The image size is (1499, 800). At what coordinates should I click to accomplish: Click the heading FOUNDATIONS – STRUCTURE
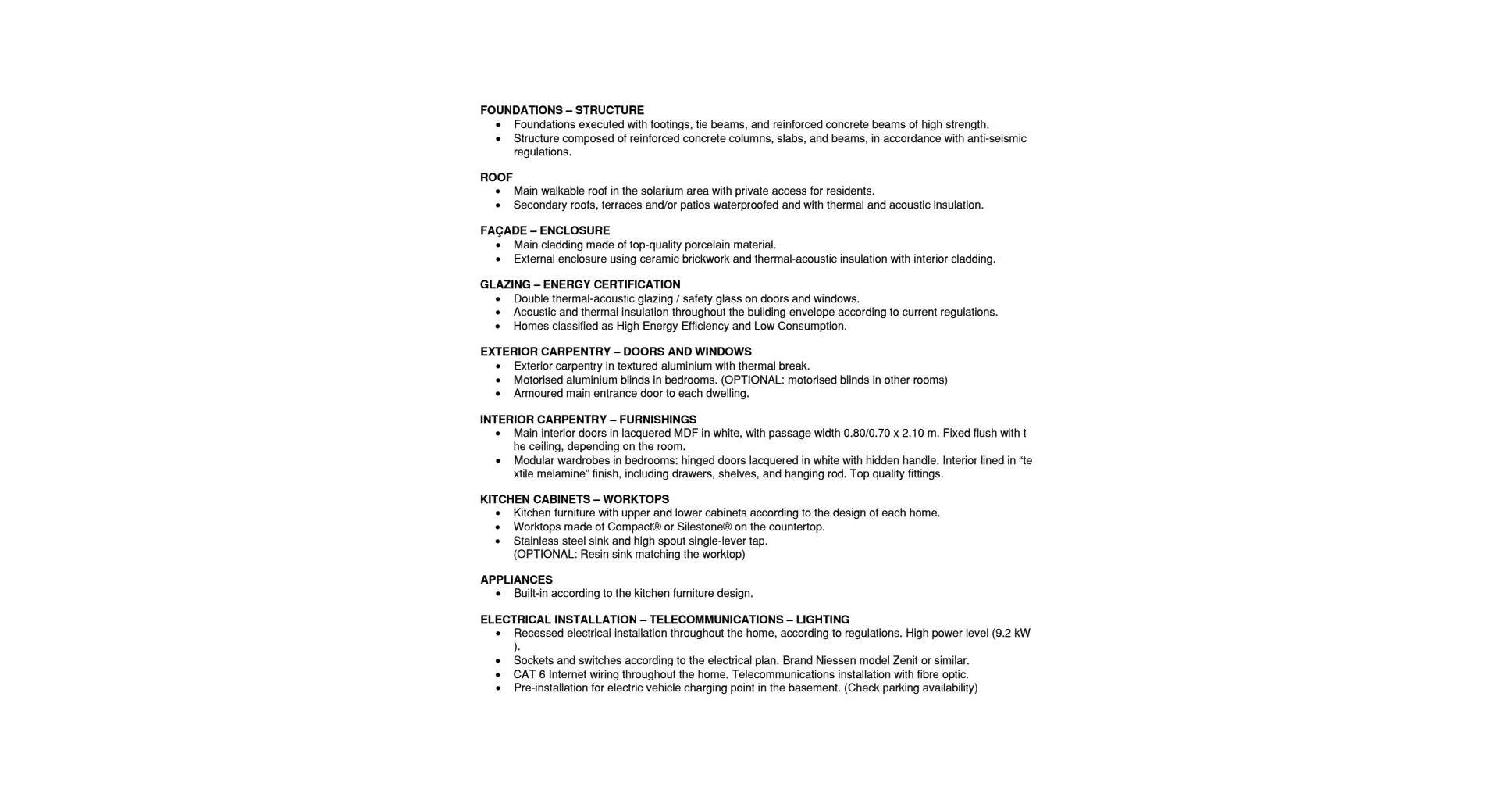tap(561, 110)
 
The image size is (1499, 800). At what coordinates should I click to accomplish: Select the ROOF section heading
tap(496, 177)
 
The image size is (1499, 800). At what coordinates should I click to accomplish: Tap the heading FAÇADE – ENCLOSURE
tap(545, 230)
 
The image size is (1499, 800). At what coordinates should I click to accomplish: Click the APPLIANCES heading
tap(516, 580)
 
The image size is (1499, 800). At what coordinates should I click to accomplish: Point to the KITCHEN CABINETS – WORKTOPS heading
tap(574, 499)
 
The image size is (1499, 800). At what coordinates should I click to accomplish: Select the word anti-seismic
tap(996, 139)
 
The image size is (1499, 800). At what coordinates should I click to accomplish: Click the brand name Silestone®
tap(704, 527)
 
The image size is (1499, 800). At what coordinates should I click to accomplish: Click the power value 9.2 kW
tap(1013, 634)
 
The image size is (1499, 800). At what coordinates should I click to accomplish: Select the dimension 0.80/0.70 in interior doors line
tap(867, 434)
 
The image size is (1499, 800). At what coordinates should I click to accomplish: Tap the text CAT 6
tap(529, 675)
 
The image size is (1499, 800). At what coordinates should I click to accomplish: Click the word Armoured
tap(538, 394)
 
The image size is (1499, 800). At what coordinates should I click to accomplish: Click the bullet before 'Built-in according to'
tap(498, 594)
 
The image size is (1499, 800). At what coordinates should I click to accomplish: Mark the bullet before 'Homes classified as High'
tap(498, 327)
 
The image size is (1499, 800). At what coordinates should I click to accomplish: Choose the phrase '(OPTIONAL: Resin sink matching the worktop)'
tap(628, 555)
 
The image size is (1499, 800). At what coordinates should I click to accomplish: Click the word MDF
tap(685, 434)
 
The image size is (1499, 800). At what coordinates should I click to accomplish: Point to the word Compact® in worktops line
tap(634, 527)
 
